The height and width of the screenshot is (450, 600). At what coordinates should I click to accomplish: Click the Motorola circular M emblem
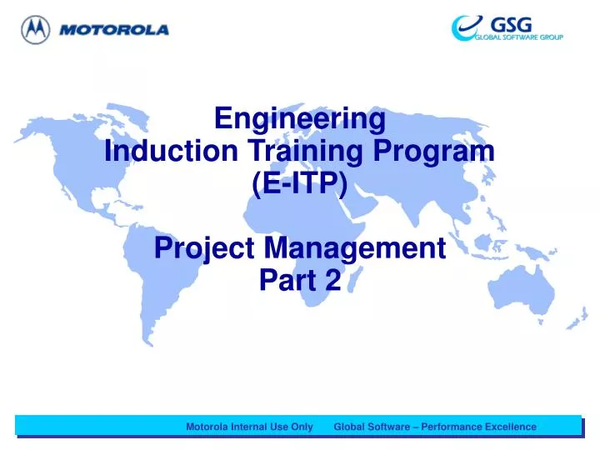(35, 30)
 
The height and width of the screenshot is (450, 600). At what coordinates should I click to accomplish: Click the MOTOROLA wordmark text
(113, 30)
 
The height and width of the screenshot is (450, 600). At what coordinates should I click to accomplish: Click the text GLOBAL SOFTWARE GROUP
(519, 37)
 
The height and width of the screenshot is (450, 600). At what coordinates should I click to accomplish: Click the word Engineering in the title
(300, 119)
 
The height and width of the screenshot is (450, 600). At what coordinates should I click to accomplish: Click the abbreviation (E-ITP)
(300, 182)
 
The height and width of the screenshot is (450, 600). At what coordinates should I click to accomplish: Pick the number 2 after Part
(333, 280)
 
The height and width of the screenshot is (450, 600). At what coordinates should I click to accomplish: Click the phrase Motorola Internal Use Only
(249, 427)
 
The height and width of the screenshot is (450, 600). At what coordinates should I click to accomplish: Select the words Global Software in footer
(372, 427)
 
